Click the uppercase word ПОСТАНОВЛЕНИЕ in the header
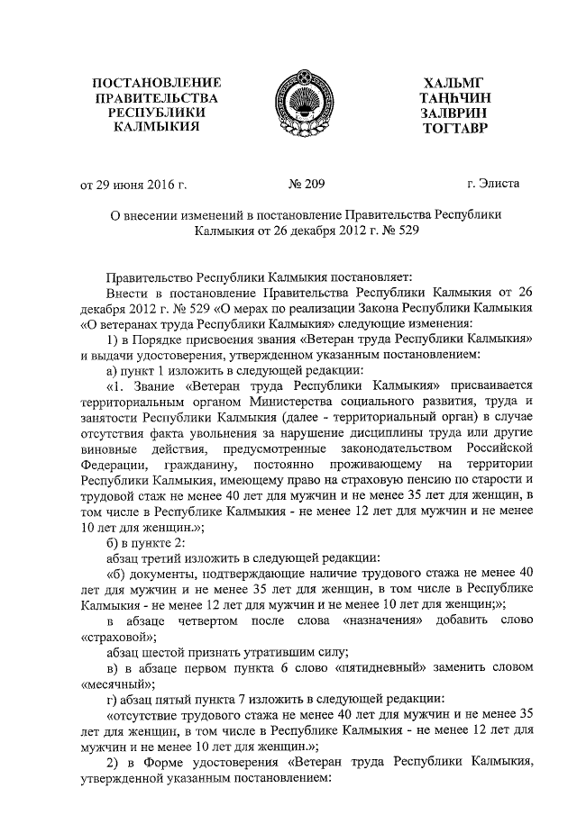pyautogui.click(x=157, y=83)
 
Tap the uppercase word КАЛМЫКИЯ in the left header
pyautogui.click(x=157, y=128)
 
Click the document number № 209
pyautogui.click(x=306, y=185)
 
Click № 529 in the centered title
pyautogui.click(x=396, y=231)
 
